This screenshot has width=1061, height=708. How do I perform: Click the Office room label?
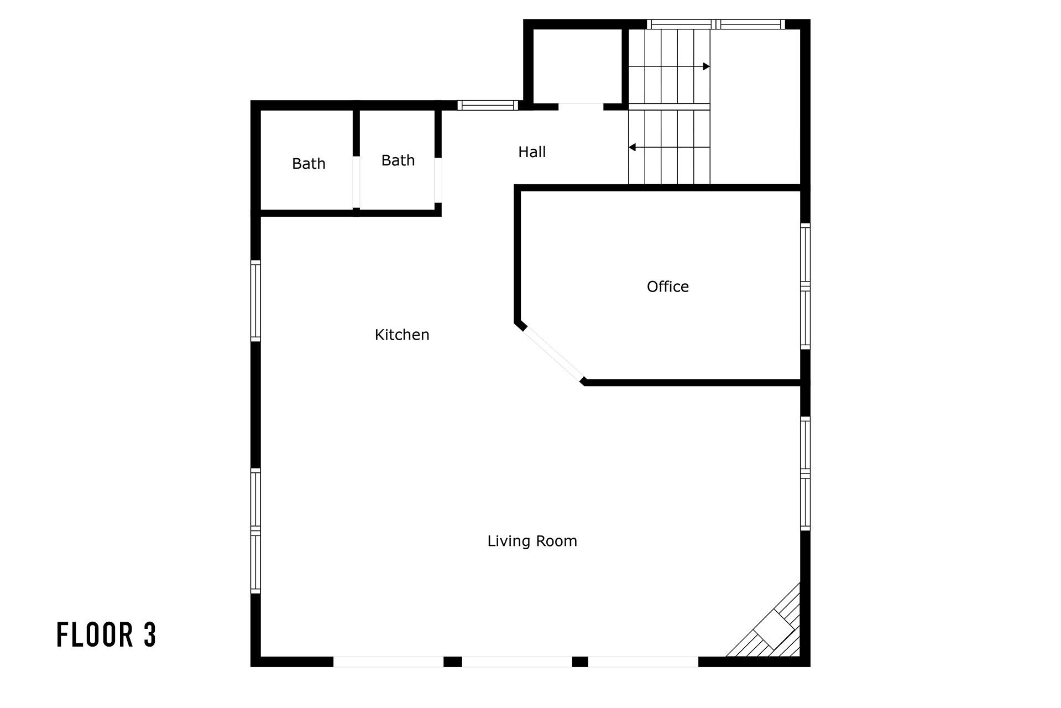tap(667, 287)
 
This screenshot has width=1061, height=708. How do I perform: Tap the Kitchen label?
tap(402, 335)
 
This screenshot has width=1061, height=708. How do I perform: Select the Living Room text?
tap(532, 541)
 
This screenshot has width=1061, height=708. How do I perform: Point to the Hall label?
tap(532, 152)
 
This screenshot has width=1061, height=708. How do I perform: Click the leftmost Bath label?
tap(309, 164)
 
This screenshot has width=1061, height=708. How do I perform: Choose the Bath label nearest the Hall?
tap(398, 160)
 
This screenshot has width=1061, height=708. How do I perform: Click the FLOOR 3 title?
tap(106, 634)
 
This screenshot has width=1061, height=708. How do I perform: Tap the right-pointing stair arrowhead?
tap(706, 66)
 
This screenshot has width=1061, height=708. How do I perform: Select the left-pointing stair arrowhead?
tap(633, 147)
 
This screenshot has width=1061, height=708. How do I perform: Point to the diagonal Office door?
tap(553, 354)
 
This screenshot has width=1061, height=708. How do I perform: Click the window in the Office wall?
tap(806, 287)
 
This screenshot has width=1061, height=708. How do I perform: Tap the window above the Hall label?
tap(488, 105)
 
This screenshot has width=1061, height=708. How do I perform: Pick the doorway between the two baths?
tap(356, 182)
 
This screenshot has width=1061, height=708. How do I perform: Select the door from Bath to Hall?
tap(438, 180)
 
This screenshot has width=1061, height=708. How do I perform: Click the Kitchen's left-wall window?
tap(255, 301)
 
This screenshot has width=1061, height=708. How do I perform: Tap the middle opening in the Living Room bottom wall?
tap(517, 662)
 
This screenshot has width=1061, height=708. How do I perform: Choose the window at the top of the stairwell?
tap(716, 24)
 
